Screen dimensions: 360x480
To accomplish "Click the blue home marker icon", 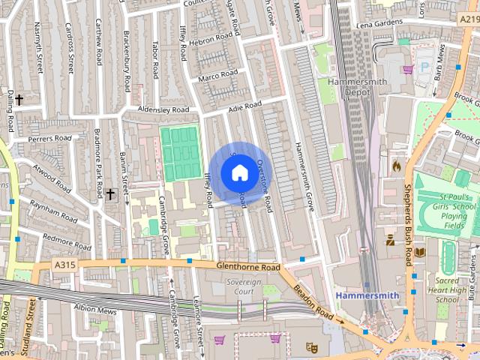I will [239, 173].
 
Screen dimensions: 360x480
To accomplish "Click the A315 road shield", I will [64, 264].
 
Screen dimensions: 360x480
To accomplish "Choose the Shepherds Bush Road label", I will [409, 225].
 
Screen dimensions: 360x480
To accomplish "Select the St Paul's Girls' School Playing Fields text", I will [454, 210].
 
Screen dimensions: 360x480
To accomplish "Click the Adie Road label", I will [244, 108].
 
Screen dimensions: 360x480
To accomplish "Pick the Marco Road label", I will [217, 76].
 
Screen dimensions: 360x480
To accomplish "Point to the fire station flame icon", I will [396, 164].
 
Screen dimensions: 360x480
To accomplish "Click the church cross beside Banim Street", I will [110, 194].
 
